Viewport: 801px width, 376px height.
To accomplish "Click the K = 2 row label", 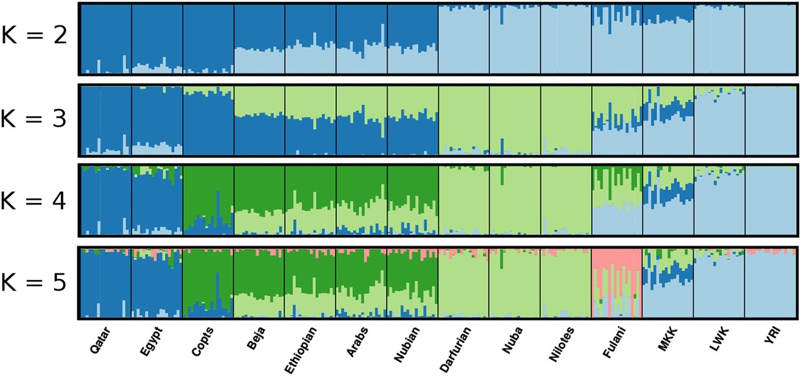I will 34,36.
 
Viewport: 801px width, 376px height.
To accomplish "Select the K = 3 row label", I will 34,119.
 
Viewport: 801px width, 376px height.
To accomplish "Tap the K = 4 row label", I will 34,201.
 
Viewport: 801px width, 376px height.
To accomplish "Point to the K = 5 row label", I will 34,282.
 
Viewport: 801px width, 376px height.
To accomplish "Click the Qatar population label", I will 100,340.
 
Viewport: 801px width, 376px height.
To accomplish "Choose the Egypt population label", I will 151,341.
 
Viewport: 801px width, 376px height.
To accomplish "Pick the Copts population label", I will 202,341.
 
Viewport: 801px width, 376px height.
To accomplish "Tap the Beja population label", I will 256,338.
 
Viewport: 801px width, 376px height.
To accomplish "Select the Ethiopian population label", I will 300,350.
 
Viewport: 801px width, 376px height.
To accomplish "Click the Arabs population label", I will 357,341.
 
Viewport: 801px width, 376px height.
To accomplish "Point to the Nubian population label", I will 406,344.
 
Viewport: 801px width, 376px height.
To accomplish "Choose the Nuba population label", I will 512,340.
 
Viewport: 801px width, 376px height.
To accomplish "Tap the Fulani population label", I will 614,342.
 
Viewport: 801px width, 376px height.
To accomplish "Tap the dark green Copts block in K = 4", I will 207,191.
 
